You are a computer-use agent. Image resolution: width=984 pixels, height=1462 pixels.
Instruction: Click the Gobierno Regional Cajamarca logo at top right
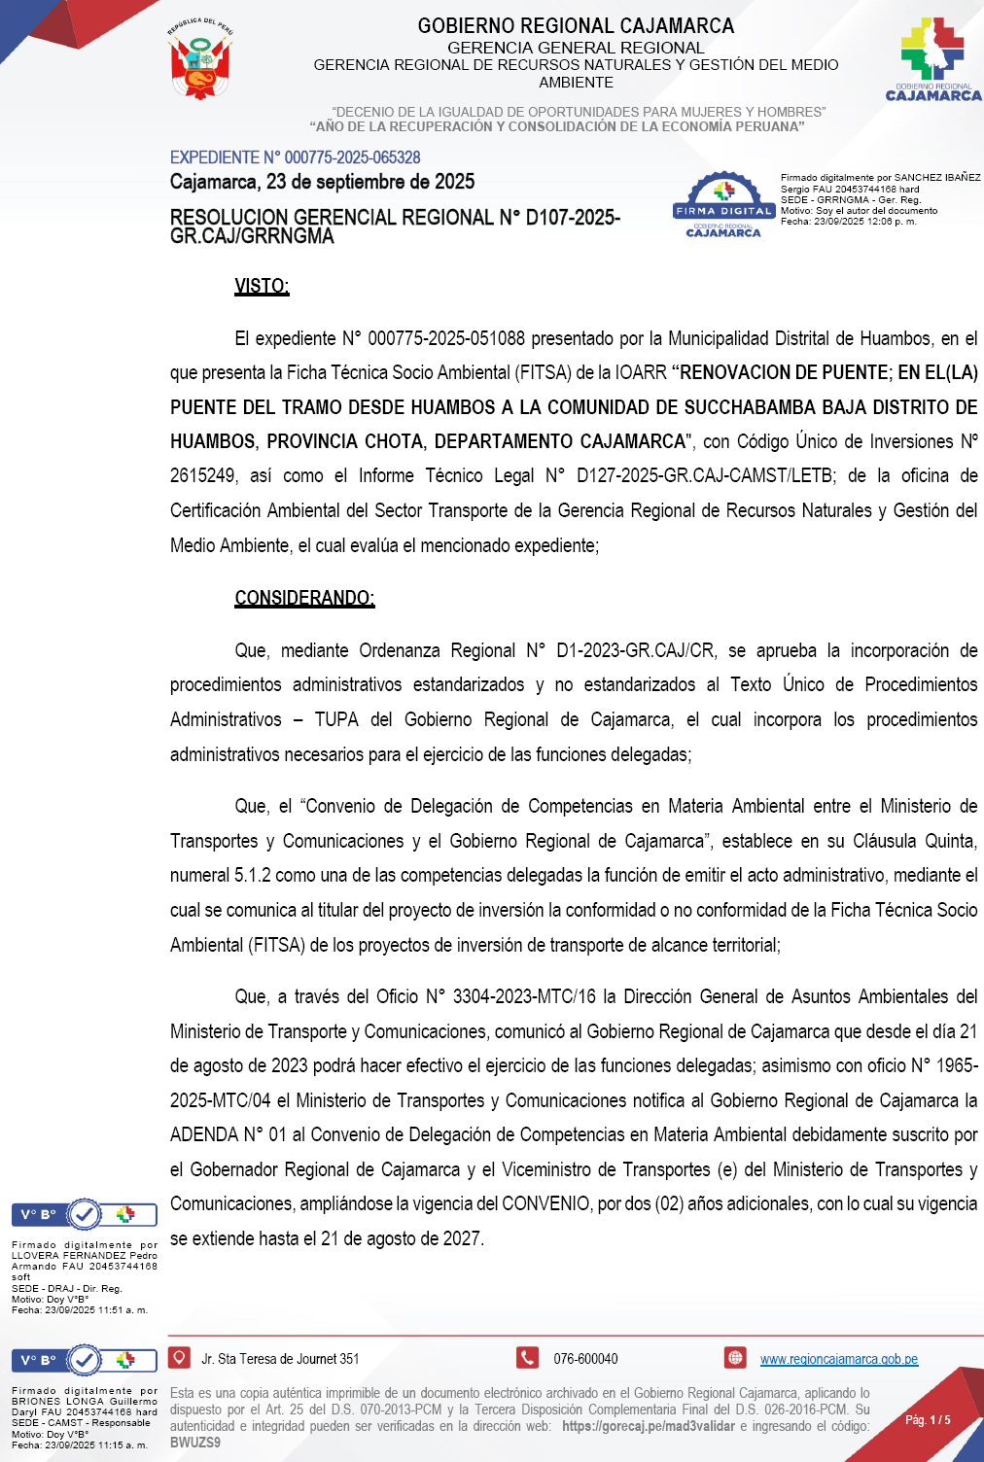[932, 59]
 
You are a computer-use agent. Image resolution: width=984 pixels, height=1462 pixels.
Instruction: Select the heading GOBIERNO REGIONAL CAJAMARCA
[576, 26]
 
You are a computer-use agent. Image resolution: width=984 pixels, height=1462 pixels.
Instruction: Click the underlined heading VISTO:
[262, 286]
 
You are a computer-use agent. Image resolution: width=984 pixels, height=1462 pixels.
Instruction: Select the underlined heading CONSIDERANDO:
[304, 598]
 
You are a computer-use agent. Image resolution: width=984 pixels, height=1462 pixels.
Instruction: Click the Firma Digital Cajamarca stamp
[723, 205]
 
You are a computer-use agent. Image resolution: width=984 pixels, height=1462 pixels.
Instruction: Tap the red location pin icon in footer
[179, 1357]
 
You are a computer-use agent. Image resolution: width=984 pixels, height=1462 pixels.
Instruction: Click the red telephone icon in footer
[527, 1358]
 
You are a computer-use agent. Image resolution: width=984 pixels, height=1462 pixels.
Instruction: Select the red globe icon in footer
[735, 1358]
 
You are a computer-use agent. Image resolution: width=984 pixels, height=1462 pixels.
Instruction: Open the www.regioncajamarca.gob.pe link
[838, 1359]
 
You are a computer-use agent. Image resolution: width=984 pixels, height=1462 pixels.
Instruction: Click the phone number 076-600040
[585, 1359]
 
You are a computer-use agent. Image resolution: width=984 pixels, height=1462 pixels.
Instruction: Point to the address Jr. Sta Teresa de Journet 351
[280, 1359]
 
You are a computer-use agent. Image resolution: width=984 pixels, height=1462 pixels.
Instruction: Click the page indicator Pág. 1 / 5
[928, 1420]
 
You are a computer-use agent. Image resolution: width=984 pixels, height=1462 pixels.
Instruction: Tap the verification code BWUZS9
[195, 1443]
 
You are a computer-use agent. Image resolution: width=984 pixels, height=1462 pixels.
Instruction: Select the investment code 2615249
[203, 476]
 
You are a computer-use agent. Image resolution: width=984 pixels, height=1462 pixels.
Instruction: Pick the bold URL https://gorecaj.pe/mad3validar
[649, 1426]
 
